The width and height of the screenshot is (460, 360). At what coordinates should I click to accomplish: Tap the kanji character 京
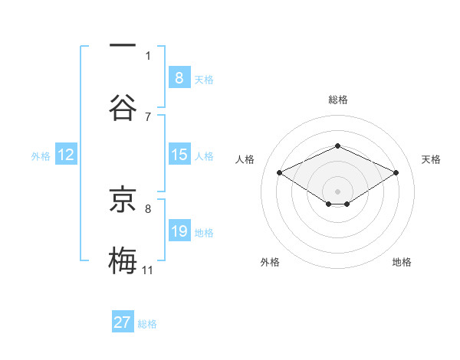click(123, 200)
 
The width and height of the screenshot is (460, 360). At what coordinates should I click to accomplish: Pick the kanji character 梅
click(123, 259)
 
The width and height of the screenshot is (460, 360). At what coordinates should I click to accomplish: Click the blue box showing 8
click(179, 77)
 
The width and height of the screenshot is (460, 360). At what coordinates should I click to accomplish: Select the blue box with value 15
click(179, 155)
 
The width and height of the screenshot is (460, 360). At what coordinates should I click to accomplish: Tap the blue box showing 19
click(179, 231)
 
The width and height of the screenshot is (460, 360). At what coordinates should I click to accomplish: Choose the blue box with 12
click(66, 155)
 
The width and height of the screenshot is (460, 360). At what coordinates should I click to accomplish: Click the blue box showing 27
click(123, 322)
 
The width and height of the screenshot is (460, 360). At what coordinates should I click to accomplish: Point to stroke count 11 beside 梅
click(148, 270)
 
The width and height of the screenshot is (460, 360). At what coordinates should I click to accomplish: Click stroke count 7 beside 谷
click(148, 116)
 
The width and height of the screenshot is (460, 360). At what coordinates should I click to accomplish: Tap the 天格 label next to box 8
click(204, 79)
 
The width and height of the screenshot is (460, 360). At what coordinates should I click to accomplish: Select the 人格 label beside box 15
click(204, 156)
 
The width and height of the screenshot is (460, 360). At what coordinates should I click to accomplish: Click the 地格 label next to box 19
click(204, 233)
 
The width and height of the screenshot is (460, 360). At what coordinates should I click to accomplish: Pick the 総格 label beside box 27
click(147, 324)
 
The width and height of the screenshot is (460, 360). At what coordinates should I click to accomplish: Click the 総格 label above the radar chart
click(337, 100)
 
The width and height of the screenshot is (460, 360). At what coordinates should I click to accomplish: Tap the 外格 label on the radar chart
click(270, 262)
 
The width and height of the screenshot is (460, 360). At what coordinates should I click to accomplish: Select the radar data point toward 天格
click(396, 172)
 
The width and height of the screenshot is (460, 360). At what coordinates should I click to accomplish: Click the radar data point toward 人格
click(279, 172)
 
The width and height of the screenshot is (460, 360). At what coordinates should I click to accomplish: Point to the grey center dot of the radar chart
click(337, 190)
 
